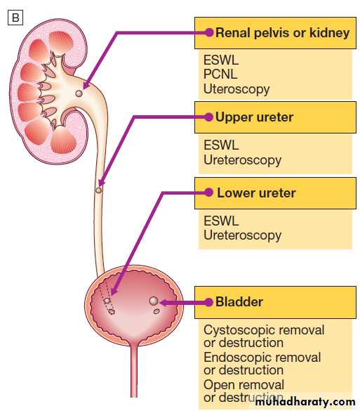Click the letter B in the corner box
tap(15, 18)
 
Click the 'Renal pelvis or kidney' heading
tap(283, 33)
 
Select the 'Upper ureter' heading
tap(254, 117)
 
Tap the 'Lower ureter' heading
tap(256, 193)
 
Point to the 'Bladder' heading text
tap(239, 302)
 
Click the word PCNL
tap(220, 74)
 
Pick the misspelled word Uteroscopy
tap(236, 89)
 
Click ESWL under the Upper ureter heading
tap(221, 145)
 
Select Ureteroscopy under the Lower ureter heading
tap(242, 235)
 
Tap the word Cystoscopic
tap(239, 330)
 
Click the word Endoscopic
tap(236, 358)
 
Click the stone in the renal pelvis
tap(79, 93)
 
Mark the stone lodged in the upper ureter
tap(98, 190)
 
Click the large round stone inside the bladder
tap(154, 301)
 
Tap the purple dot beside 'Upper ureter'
tap(208, 117)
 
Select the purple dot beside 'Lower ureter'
tap(208, 193)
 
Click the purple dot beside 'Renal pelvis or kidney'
tap(209, 32)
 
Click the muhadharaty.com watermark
tap(305, 402)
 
